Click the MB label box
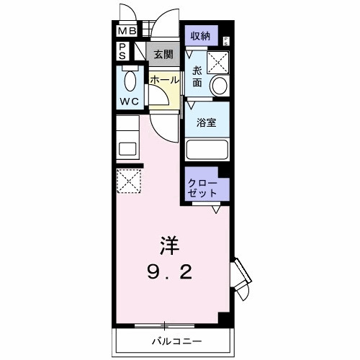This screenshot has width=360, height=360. coord(126,32)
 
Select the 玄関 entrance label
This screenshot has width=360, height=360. coord(163,54)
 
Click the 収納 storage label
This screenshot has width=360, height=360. coord(200,36)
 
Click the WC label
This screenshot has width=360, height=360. coord(130,101)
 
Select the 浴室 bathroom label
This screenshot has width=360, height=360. coord(207,122)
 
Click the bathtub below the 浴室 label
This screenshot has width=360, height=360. coord(207,149)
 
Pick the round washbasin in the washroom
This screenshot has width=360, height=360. coord(218,86)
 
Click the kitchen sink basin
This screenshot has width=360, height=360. coord(129,150)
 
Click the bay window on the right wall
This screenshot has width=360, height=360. coord(242,279)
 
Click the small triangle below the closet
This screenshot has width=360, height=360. coord(215,210)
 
